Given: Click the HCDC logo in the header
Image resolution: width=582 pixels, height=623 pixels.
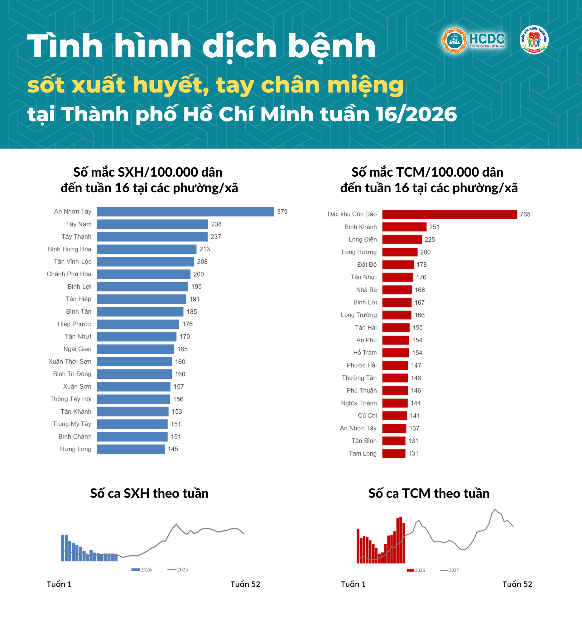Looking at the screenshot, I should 473,40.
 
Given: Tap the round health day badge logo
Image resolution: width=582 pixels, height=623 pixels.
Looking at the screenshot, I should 534,40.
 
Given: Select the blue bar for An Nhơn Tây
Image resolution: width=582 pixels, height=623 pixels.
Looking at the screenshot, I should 185,212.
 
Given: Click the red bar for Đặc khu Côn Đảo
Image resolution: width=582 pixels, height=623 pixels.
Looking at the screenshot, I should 449,214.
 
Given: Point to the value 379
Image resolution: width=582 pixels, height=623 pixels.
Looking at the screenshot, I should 282,212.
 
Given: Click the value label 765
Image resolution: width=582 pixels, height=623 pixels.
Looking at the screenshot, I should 525,214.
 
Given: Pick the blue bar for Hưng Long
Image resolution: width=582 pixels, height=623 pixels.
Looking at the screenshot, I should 131,449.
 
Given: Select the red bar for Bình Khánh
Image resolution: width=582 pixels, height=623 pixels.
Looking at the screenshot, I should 404,227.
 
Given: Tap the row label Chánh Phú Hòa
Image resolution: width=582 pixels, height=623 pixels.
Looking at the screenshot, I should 69,274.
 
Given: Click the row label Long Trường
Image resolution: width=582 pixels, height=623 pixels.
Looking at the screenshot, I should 359,315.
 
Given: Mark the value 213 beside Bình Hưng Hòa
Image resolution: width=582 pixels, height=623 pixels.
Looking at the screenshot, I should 204,249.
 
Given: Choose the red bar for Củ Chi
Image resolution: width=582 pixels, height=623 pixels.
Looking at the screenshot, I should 394,416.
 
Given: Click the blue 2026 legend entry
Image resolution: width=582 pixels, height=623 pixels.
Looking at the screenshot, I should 142,569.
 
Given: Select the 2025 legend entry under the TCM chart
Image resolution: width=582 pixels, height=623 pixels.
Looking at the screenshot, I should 449,570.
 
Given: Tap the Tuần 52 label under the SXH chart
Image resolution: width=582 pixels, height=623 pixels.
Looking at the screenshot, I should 245,584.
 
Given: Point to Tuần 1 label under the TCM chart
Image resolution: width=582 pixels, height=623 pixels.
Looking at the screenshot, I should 353,584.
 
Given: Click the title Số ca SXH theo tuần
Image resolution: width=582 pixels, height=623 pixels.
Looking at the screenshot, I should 149,493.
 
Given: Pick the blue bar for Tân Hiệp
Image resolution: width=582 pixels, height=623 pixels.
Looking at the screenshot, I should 142,299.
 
